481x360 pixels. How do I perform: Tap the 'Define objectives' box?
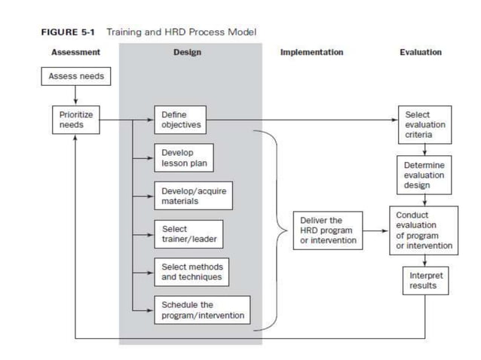point(179,120)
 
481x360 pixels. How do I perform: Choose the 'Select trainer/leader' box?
point(188,234)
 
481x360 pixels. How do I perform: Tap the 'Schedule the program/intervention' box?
point(202,310)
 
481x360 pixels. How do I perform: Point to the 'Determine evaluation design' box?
point(424,173)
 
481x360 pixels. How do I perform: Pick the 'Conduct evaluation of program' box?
point(424,230)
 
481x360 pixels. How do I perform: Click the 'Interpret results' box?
point(424,280)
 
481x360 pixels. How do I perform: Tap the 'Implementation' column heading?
point(311,53)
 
